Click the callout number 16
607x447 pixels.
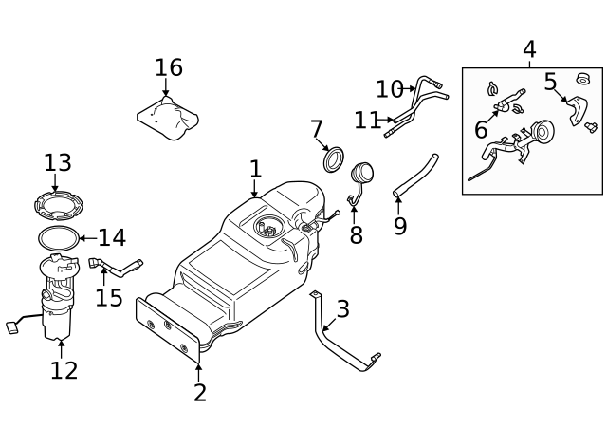point(168,67)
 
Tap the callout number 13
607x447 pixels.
point(57,162)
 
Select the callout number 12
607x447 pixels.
point(64,370)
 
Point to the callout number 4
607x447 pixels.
point(528,49)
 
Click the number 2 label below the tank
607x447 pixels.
point(199,392)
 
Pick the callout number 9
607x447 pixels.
point(399,227)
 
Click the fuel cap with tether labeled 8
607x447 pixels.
point(361,180)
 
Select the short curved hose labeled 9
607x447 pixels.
point(415,176)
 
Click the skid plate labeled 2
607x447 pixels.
point(171,328)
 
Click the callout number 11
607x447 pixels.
point(367,121)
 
